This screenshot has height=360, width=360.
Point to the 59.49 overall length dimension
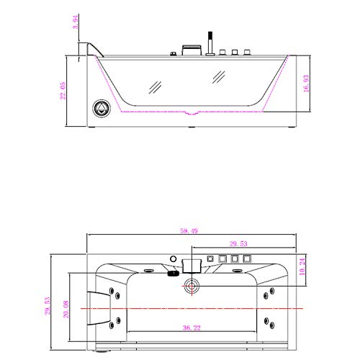point(191,232)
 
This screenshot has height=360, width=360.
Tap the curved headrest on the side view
point(91,49)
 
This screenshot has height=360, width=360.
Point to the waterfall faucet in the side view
point(190,50)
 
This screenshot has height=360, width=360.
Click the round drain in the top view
point(192,286)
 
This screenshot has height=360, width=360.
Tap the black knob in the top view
point(174,273)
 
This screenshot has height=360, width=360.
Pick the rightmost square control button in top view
point(246,258)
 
